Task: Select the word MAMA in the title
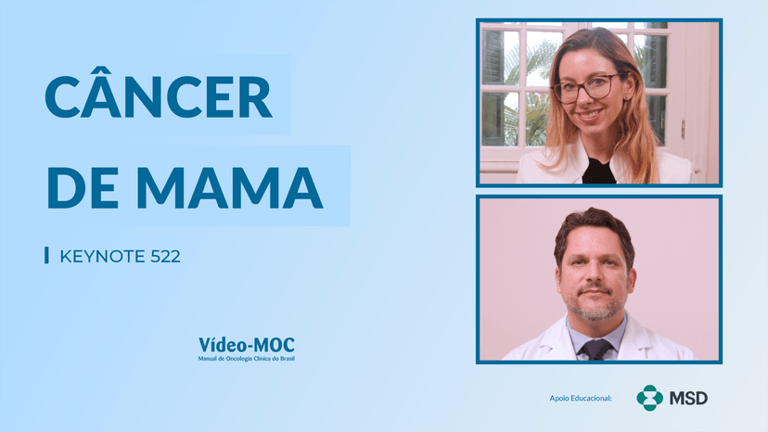[229, 188]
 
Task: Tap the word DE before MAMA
[83, 188]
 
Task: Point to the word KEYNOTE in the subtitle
[102, 256]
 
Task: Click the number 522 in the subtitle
[165, 256]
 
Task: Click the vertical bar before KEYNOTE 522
[46, 255]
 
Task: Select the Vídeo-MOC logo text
[247, 345]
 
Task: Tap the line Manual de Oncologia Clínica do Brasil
[247, 359]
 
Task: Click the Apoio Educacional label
[581, 399]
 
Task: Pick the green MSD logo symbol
[649, 398]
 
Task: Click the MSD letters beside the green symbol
[688, 399]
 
